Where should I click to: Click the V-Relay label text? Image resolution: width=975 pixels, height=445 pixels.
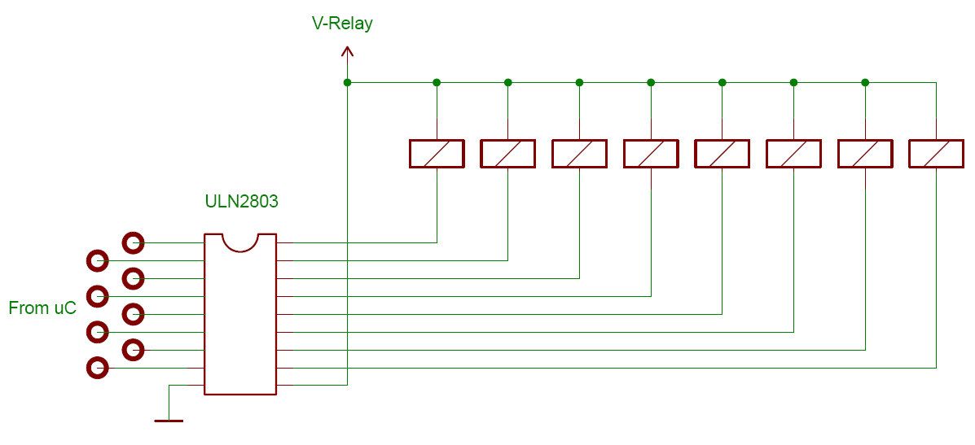point(342,24)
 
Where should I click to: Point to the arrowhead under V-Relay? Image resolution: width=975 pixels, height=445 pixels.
point(347,53)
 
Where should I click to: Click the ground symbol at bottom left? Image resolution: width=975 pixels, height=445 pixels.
point(169,420)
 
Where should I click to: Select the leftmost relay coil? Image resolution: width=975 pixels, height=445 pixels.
point(437,154)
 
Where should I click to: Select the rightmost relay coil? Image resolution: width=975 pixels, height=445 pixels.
point(936,154)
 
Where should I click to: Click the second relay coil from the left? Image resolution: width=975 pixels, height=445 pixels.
point(507,154)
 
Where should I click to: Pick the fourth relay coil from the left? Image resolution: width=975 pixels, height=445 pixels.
point(651,154)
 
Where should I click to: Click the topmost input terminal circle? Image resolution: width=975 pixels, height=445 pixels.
point(133,242)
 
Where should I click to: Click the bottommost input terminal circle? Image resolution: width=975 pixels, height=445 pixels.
point(97,368)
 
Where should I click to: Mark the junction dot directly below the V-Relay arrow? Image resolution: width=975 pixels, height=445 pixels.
point(347,82)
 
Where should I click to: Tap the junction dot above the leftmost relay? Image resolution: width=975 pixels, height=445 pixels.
point(437,82)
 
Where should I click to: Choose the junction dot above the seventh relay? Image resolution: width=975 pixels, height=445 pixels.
point(865,82)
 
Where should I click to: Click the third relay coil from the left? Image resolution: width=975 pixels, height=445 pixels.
point(579,154)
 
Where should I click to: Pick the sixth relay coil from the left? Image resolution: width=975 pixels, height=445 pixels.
point(793,154)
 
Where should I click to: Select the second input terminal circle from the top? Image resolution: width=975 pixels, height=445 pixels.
point(97,260)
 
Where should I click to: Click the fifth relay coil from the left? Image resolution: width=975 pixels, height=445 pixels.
point(722,154)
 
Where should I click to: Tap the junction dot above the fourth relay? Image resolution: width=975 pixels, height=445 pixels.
point(651,82)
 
